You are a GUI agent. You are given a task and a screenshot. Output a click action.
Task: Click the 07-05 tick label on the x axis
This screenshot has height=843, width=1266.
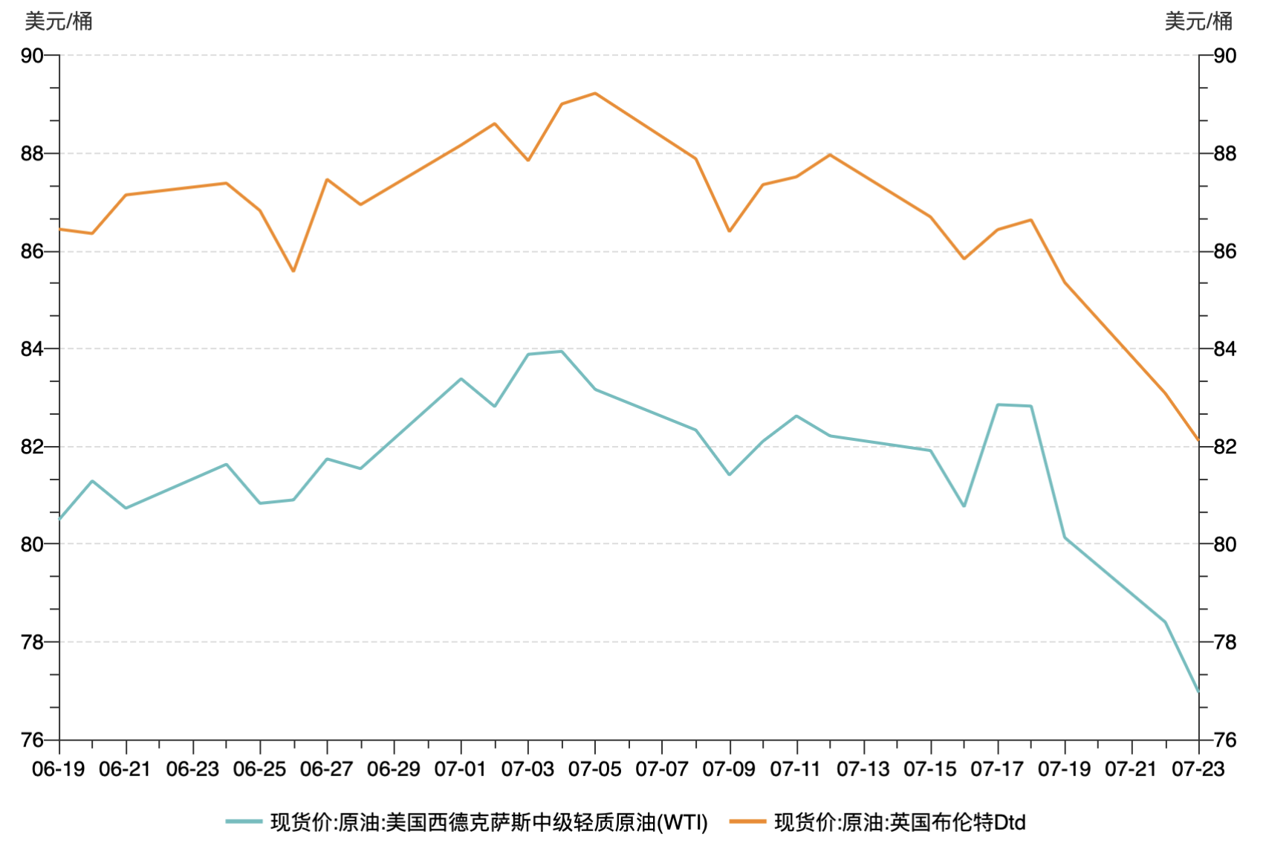[x=594, y=769]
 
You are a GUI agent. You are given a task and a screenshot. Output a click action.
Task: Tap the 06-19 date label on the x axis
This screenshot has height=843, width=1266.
[x=59, y=769]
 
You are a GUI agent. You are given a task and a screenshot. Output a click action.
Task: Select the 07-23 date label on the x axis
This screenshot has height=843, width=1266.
[x=1198, y=769]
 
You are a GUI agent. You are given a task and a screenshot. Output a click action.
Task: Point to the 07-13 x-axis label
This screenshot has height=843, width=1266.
[x=863, y=769]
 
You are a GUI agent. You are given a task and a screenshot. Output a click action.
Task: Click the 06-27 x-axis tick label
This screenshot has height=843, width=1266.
[x=326, y=769]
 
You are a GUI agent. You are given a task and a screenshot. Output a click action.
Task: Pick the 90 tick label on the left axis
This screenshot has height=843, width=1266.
[x=32, y=56]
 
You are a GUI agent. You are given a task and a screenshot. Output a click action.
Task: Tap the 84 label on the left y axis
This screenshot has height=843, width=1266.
[x=32, y=349]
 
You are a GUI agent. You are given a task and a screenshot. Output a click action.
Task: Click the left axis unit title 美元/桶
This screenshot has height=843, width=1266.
[x=59, y=22]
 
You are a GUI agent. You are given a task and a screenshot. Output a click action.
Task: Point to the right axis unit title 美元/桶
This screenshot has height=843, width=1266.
[x=1198, y=22]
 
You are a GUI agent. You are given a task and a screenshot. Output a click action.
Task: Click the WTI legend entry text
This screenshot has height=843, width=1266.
[x=489, y=822]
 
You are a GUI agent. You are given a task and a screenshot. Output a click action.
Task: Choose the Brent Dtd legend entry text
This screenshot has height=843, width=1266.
[x=900, y=822]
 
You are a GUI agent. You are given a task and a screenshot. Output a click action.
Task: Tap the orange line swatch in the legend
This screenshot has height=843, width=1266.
[x=747, y=821]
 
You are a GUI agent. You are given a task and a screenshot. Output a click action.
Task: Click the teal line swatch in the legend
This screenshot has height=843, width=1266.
[x=244, y=821]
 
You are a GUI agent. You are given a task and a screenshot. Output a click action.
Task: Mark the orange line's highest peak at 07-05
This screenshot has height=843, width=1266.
[x=595, y=94]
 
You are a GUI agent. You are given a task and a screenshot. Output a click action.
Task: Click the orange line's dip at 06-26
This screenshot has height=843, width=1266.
[x=293, y=271]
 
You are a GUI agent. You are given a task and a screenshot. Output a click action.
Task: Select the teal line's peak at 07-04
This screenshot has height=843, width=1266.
[x=562, y=352]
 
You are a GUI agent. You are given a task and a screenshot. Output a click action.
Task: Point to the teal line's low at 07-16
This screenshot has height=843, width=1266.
[x=964, y=506]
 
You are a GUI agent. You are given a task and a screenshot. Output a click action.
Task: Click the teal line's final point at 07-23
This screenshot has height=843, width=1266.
[x=1198, y=691]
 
